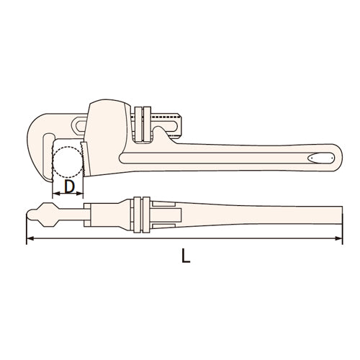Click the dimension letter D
(x=70, y=186)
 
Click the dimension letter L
(x=186, y=256)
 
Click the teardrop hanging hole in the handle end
(x=321, y=158)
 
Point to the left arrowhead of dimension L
(x=30, y=238)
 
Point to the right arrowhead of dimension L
(x=338, y=238)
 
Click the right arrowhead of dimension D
(x=79, y=194)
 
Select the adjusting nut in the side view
(x=143, y=124)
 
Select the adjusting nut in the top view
(x=142, y=215)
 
